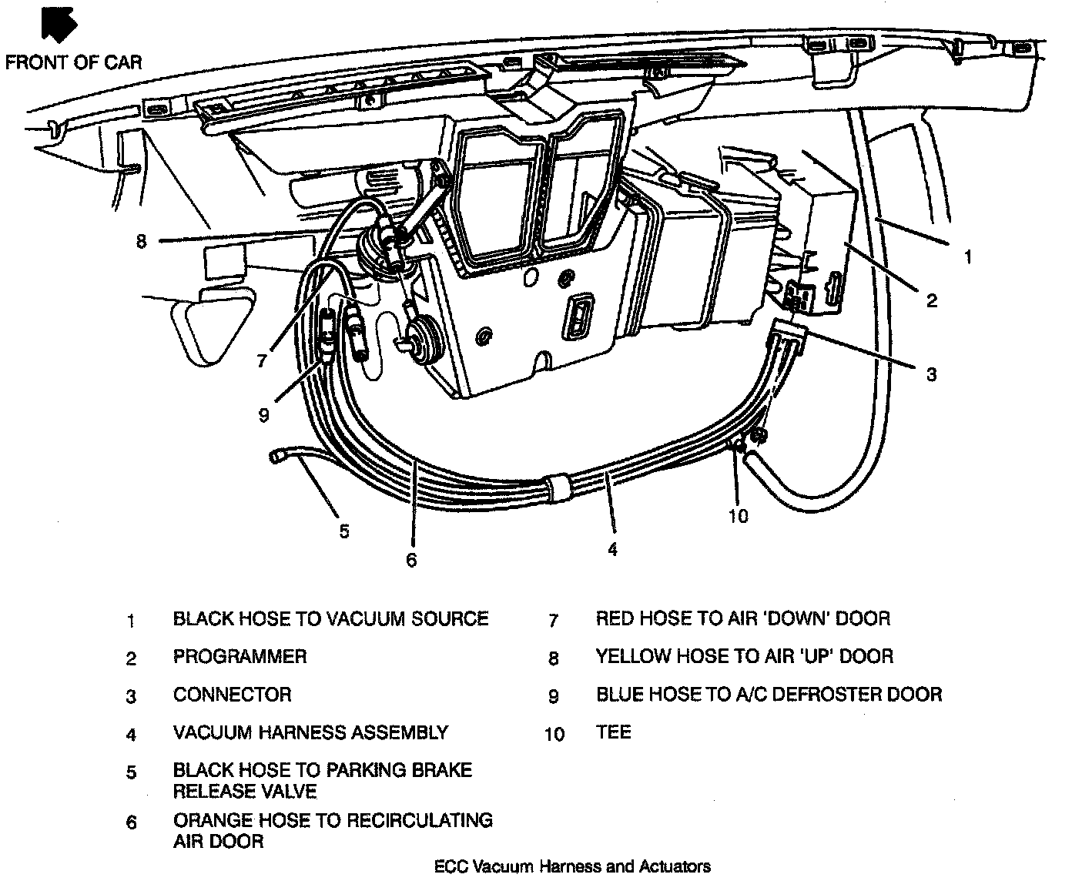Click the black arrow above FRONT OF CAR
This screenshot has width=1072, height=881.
click(x=61, y=24)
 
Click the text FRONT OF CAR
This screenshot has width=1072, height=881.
click(x=74, y=62)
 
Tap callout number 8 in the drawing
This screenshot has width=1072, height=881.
click(x=140, y=242)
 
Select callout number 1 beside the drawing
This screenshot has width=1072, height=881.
click(x=968, y=256)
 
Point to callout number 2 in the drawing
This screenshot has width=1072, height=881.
click(x=932, y=300)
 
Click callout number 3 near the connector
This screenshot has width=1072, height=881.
click(x=931, y=374)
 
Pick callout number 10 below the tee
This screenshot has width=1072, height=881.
click(x=738, y=515)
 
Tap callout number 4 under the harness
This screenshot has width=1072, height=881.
click(x=612, y=549)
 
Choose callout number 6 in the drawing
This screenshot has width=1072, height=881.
click(x=411, y=560)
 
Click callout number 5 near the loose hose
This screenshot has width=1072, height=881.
click(x=344, y=531)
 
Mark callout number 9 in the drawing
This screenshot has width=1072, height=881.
click(x=263, y=415)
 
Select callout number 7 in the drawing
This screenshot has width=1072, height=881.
click(x=262, y=360)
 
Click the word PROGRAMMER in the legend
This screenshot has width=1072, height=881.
click(x=240, y=657)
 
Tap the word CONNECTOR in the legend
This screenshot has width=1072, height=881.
click(x=232, y=695)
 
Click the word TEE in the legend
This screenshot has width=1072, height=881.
click(x=613, y=732)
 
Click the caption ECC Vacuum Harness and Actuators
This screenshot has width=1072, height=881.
click(x=572, y=867)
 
